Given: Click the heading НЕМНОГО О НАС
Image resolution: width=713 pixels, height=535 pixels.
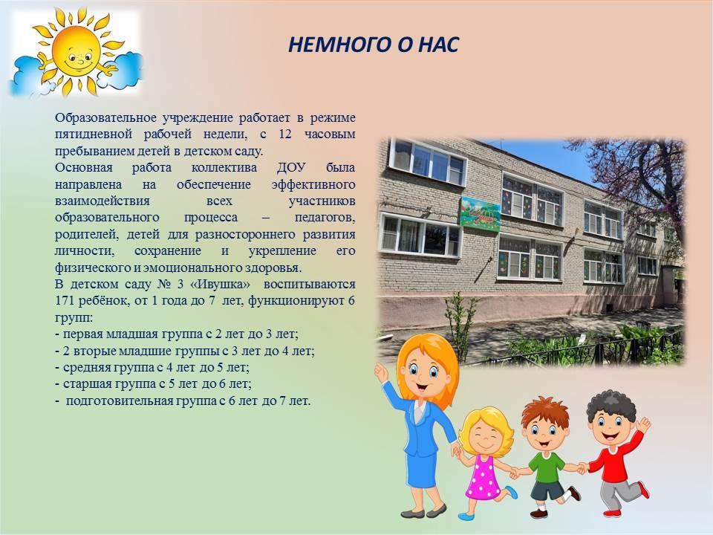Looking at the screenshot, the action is [x=374, y=45].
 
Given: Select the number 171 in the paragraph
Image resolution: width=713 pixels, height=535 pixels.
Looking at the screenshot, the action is [x=65, y=301].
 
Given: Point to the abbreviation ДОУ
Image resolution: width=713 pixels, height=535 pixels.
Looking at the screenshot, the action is [x=291, y=168].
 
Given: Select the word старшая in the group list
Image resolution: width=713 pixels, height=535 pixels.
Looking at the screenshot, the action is [x=85, y=384].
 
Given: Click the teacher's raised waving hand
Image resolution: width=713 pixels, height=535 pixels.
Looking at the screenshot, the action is [x=380, y=373].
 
